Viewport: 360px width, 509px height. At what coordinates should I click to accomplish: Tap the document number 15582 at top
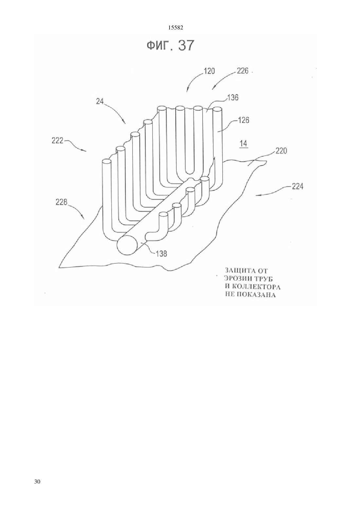click(x=176, y=28)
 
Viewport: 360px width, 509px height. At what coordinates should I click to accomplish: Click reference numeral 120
click(x=209, y=71)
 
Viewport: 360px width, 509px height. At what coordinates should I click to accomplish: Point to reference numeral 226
click(x=243, y=71)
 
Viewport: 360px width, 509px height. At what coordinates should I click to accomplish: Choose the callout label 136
click(x=233, y=97)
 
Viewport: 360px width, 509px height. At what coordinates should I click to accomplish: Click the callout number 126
click(x=243, y=120)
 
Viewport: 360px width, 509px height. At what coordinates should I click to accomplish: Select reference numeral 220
click(x=281, y=151)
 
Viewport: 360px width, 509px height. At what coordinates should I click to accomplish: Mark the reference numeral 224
click(x=297, y=186)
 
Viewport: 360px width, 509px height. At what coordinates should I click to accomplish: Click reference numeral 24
click(x=100, y=101)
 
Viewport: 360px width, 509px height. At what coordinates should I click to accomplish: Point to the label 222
click(x=57, y=141)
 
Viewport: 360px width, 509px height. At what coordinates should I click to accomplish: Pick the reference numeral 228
click(x=62, y=202)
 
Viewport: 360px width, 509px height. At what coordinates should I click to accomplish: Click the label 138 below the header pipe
click(x=161, y=254)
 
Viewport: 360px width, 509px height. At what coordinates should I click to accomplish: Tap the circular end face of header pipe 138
click(x=127, y=246)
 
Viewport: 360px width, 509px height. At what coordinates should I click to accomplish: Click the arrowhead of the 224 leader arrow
click(x=256, y=195)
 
